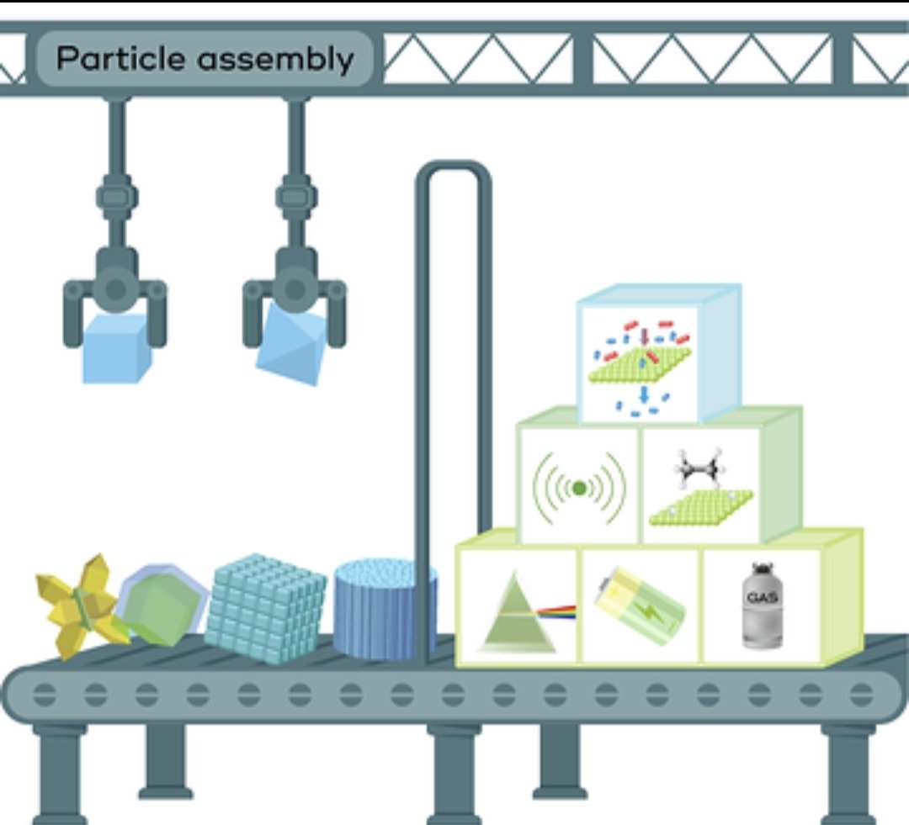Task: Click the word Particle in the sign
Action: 121,59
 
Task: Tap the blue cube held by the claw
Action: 116,349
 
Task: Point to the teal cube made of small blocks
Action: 265,608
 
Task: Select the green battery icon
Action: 640,606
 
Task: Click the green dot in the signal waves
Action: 579,489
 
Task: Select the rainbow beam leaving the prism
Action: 557,611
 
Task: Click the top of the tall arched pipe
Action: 454,166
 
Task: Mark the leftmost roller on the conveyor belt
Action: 45,695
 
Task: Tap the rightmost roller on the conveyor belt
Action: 862,695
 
